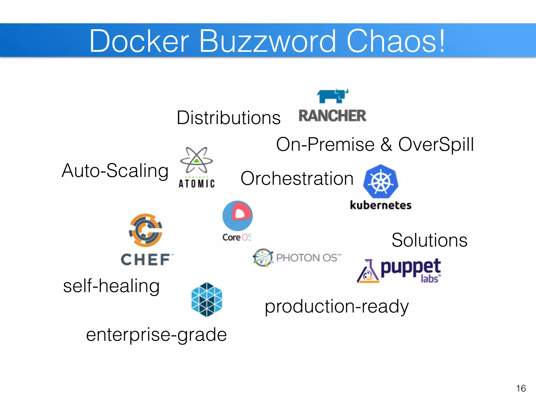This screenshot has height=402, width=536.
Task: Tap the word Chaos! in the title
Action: tap(395, 41)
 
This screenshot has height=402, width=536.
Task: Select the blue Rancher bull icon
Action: tap(333, 96)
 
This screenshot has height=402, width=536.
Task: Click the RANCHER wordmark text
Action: tap(332, 116)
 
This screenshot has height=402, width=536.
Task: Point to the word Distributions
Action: tap(228, 118)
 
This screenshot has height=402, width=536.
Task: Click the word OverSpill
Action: tap(436, 144)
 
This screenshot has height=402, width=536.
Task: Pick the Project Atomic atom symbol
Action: tap(197, 160)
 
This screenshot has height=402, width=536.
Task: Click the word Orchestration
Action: tap(297, 179)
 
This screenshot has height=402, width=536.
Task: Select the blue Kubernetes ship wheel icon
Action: tap(381, 181)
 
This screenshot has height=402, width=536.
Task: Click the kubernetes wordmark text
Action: tap(381, 205)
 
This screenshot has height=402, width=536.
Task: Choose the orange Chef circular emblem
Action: tap(146, 230)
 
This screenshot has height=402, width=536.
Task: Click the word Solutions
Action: tap(429, 240)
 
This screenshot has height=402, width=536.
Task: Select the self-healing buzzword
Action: tap(111, 286)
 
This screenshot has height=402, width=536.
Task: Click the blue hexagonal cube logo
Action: tap(207, 300)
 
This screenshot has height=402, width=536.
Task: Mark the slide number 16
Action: tap(521, 388)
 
